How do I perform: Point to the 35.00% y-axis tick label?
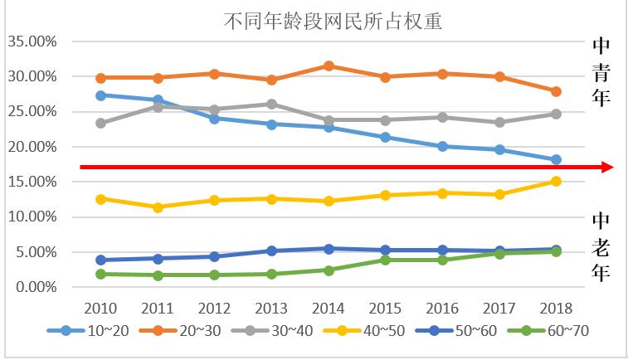click(31, 41)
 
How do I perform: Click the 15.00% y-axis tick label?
click(31, 182)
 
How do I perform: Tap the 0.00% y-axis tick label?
click(34, 287)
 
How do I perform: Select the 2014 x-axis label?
click(329, 307)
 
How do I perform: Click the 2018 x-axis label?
click(556, 307)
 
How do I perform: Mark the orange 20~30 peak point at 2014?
click(329, 66)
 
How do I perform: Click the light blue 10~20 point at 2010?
click(101, 95)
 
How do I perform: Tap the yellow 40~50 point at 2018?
click(556, 181)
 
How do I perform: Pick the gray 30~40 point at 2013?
click(271, 104)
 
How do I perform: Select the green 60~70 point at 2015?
click(385, 260)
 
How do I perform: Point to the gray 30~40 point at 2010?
click(101, 123)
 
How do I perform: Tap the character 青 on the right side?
click(601, 73)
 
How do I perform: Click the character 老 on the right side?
click(601, 246)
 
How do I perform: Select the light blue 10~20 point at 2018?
click(556, 159)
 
